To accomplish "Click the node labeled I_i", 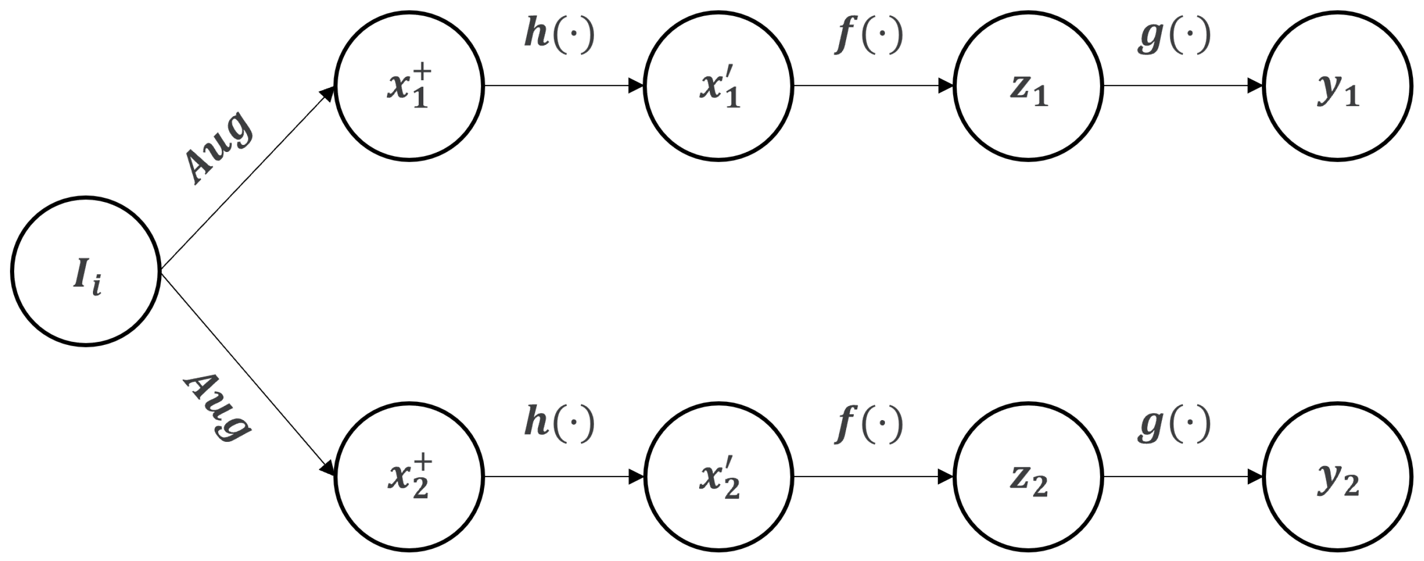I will click(86, 271).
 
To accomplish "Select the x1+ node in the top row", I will click(409, 86).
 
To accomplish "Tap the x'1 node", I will click(719, 86).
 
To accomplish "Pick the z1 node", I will click(1028, 86).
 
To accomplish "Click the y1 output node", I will click(1338, 86).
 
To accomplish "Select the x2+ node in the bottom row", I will click(409, 477).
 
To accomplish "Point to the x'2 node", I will click(719, 477).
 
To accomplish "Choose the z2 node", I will click(1028, 477).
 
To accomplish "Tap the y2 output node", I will click(1338, 477).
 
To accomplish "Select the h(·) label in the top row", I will click(559, 34).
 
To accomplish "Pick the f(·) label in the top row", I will click(868, 34).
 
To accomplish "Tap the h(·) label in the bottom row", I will click(559, 423).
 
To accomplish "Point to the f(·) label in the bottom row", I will click(868, 423).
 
